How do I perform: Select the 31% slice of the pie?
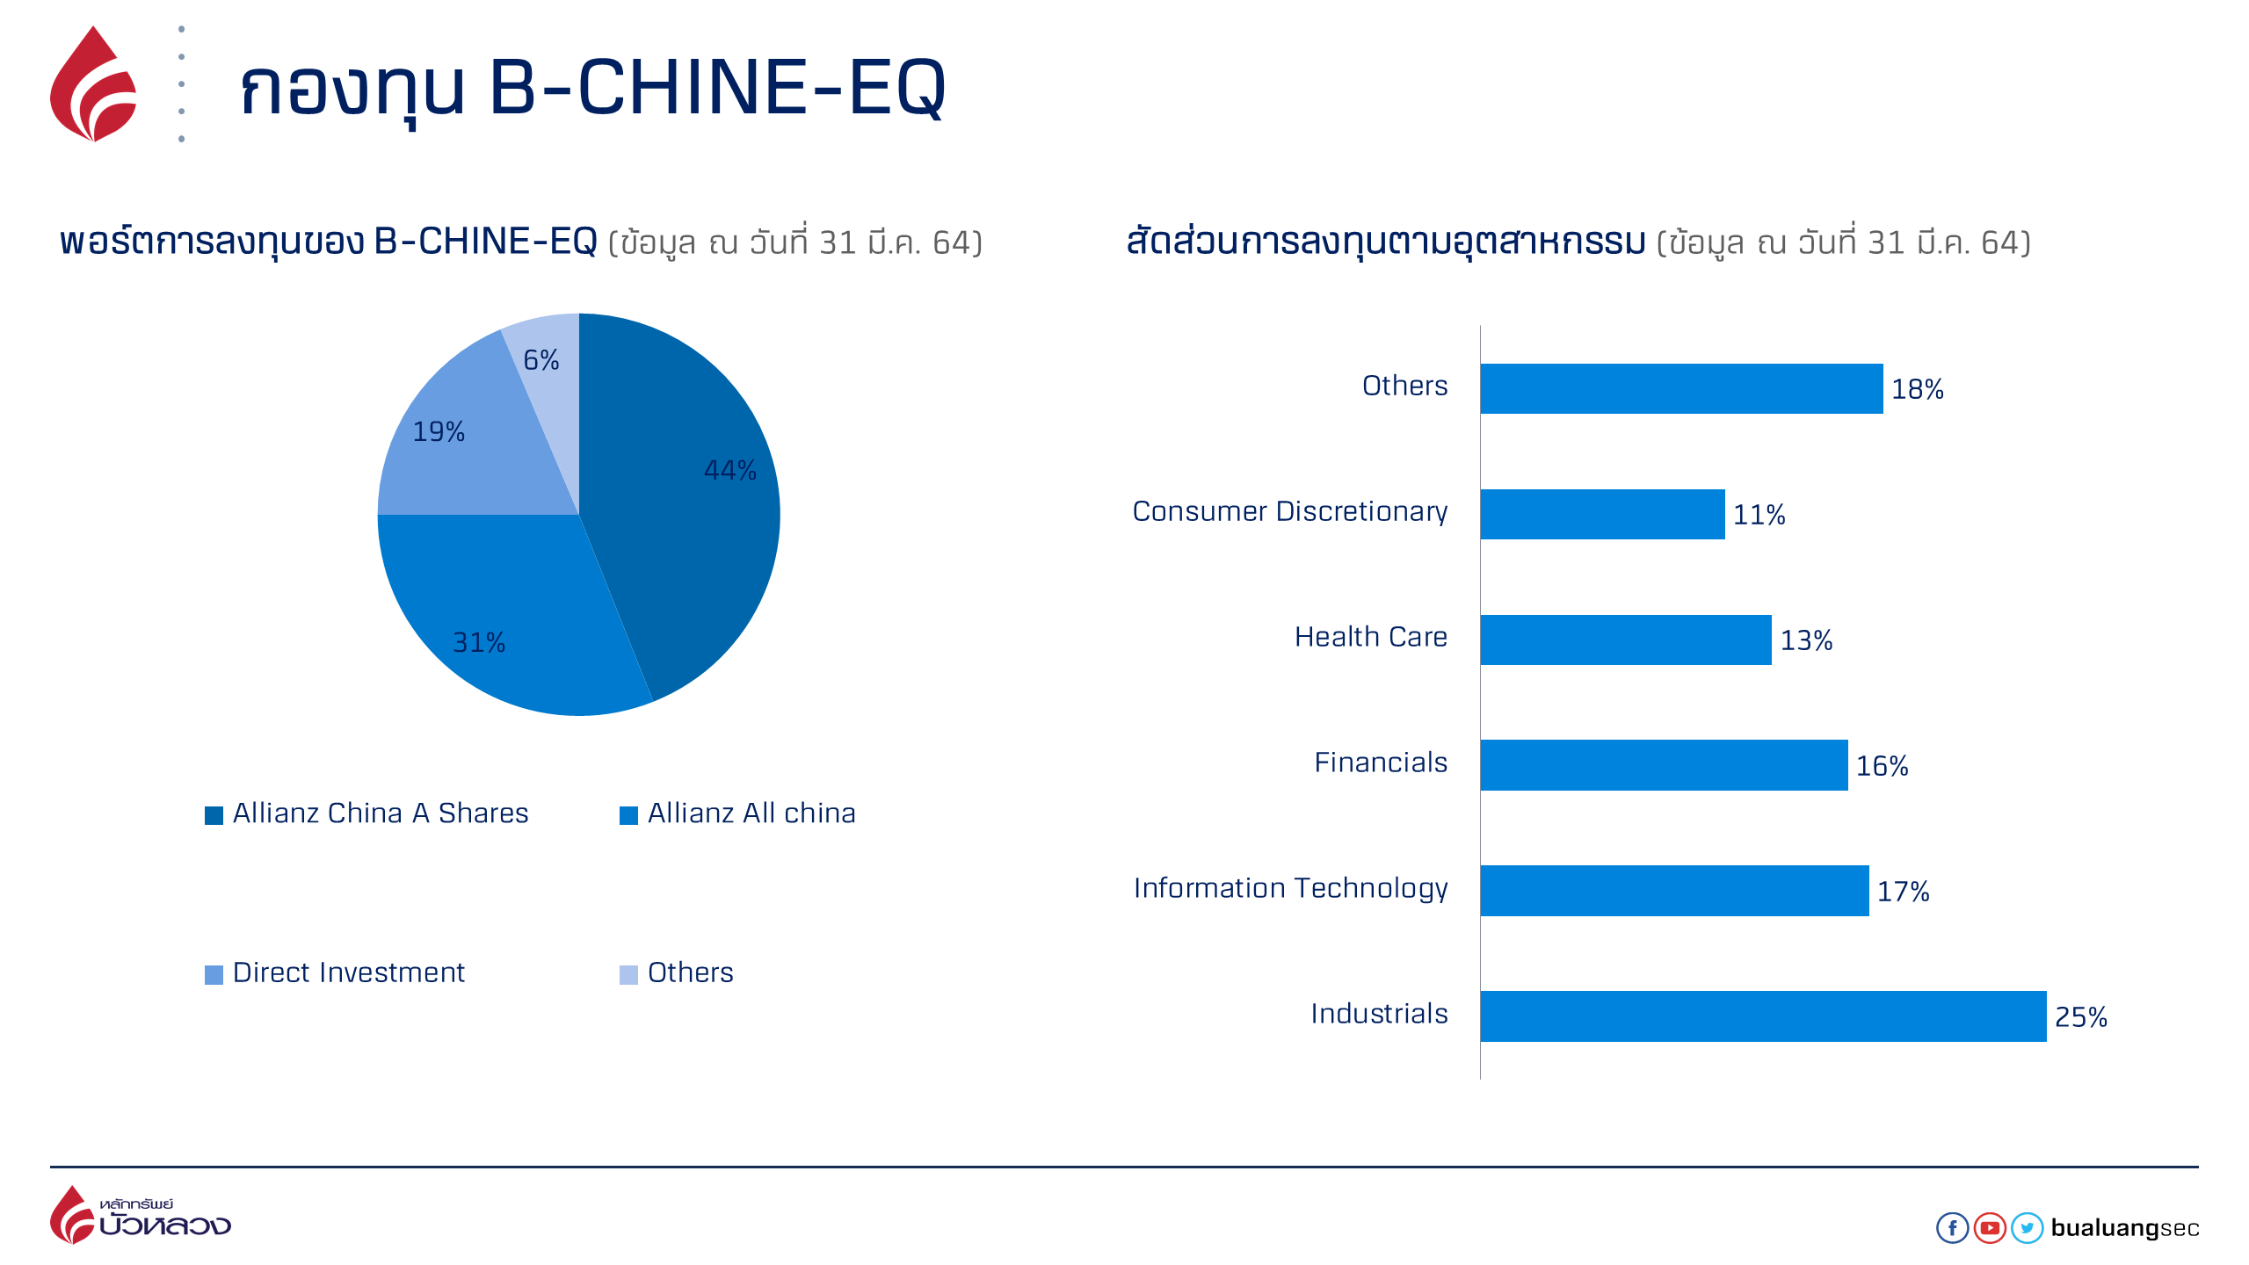(501, 615)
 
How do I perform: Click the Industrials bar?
(1762, 1016)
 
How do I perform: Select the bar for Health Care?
(1625, 640)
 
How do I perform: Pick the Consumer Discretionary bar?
(1601, 514)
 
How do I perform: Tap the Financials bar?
(1663, 765)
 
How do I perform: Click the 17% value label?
(1903, 892)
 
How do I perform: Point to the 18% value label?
(1917, 389)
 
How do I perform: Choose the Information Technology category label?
(1290, 889)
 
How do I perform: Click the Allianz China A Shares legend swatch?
(214, 816)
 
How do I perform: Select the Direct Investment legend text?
(349, 973)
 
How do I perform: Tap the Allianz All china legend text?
(751, 813)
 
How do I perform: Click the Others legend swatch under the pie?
(628, 975)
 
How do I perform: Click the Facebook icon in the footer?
(1952, 1228)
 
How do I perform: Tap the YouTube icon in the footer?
(1990, 1228)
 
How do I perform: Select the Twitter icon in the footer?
(2027, 1228)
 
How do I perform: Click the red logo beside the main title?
(93, 85)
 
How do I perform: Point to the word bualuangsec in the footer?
(2124, 1228)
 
